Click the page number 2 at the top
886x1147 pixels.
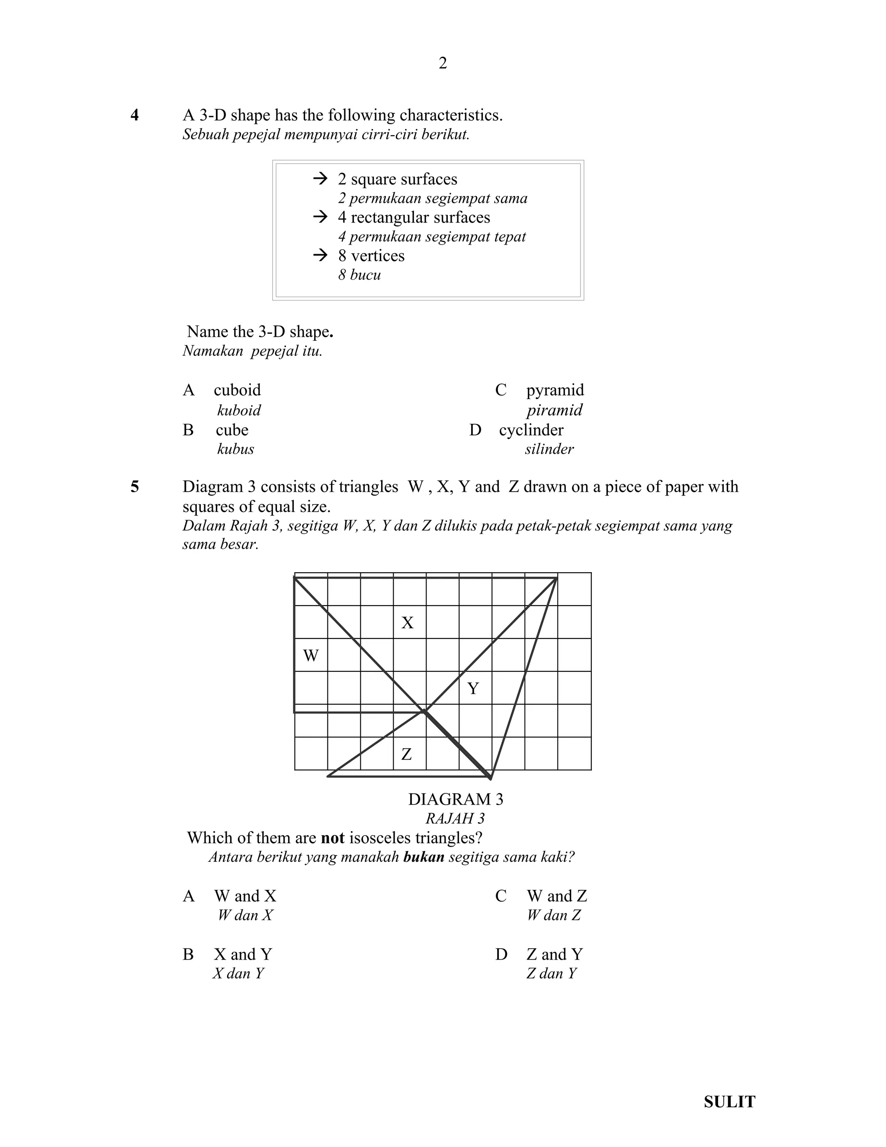click(443, 64)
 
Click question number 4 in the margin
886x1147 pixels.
click(135, 115)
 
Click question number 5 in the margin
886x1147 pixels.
click(135, 487)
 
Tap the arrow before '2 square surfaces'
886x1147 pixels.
click(320, 179)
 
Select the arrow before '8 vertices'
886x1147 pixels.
click(320, 255)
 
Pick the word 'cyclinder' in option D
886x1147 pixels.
click(531, 430)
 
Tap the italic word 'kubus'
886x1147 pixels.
click(235, 449)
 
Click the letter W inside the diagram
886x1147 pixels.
click(311, 655)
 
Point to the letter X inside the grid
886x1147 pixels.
click(407, 623)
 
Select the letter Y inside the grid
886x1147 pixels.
click(473, 688)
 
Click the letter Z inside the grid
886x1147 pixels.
click(406, 754)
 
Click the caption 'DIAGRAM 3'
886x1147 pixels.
click(455, 799)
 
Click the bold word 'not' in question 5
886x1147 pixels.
click(332, 838)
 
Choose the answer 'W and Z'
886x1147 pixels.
click(556, 896)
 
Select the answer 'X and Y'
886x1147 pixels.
click(243, 954)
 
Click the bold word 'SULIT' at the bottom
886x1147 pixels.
click(729, 1087)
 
